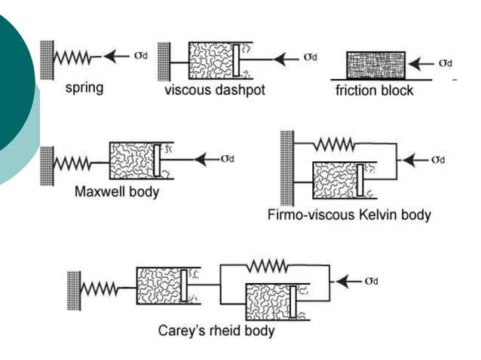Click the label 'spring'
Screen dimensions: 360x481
tap(84, 87)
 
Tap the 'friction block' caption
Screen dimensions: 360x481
tap(375, 91)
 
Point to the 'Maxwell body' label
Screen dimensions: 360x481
tap(117, 191)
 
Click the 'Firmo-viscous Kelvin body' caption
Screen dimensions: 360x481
tap(349, 215)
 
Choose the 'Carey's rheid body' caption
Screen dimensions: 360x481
tap(216, 330)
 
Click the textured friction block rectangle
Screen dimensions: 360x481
tap(375, 65)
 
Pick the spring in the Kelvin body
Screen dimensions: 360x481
tap(337, 142)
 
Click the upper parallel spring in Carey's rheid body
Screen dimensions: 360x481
tap(266, 265)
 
